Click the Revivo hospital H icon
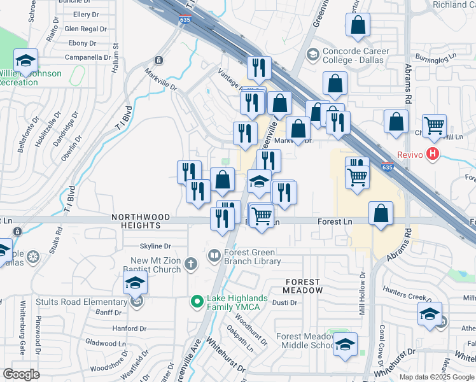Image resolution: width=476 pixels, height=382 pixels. pos(433,153)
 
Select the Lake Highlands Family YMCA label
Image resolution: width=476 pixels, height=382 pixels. pos(242,303)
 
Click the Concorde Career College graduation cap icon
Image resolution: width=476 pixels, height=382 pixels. pos(312,55)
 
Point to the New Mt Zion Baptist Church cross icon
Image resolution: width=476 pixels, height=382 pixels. pos(190,263)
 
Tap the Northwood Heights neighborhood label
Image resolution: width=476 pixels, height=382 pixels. pos(141,221)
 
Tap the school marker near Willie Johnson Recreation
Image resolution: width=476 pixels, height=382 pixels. pos(25,61)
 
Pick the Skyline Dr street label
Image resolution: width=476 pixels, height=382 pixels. pos(155,246)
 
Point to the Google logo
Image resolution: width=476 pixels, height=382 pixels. pos(21,374)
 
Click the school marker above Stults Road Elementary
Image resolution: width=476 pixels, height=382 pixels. pos(135,283)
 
